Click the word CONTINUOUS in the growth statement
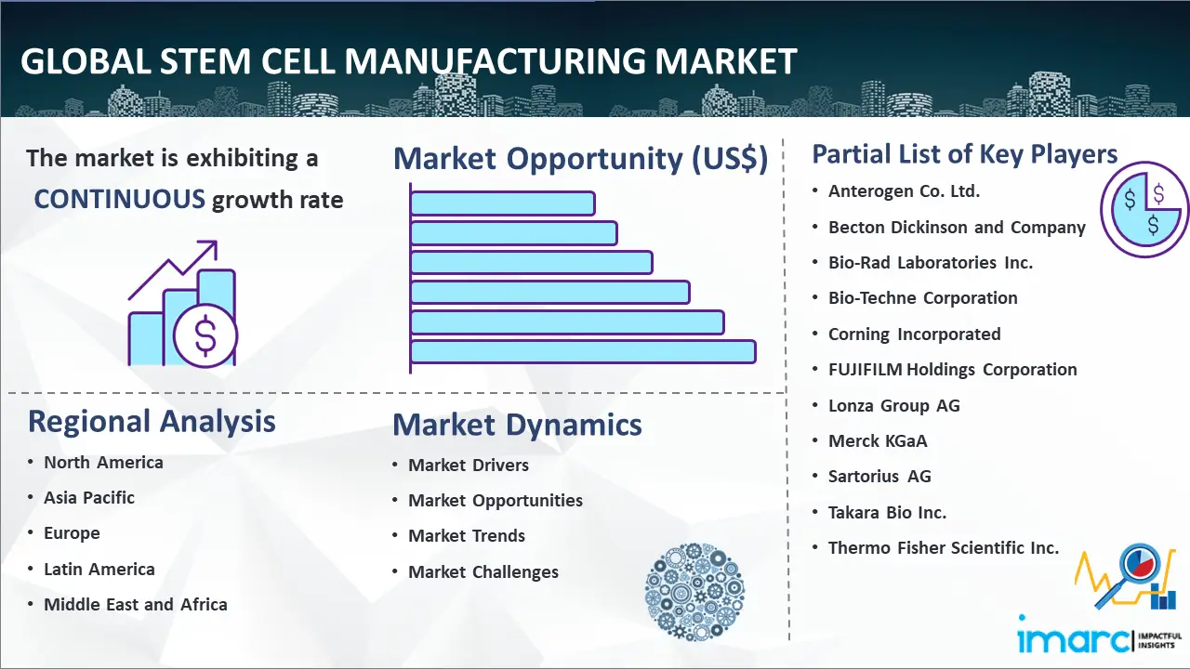tap(120, 200)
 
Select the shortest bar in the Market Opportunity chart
tap(503, 203)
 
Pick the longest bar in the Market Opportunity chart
tap(583, 352)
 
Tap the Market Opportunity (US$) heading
tap(581, 158)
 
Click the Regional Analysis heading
tap(152, 422)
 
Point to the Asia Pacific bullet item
tap(89, 497)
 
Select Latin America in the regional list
tap(99, 570)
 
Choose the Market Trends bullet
tap(467, 536)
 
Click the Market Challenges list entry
tap(483, 571)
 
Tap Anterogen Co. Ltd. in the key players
tap(905, 191)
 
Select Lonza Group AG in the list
tap(894, 406)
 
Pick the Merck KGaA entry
tap(878, 440)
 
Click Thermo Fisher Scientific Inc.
tap(944, 547)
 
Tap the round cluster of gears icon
tap(694, 592)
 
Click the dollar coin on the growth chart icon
tap(205, 336)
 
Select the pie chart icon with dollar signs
tap(1144, 210)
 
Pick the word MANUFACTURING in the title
tap(495, 61)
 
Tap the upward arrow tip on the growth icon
tap(217, 243)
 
